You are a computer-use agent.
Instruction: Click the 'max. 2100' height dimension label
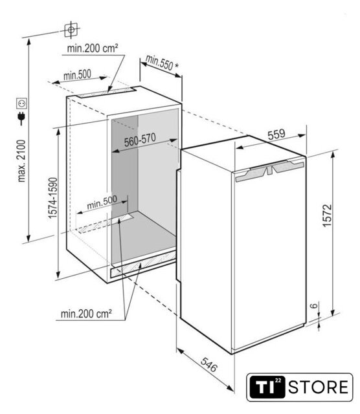(x=21, y=161)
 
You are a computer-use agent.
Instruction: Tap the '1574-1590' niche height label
(x=52, y=198)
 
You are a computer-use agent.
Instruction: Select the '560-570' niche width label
(x=140, y=140)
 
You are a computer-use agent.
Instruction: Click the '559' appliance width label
(x=276, y=134)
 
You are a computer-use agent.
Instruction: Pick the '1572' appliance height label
(x=327, y=215)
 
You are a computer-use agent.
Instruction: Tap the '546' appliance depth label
(x=208, y=364)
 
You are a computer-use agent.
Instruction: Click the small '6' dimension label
(x=313, y=306)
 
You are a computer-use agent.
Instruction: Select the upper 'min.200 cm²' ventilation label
(x=92, y=49)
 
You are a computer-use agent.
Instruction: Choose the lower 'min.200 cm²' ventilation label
(x=86, y=314)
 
